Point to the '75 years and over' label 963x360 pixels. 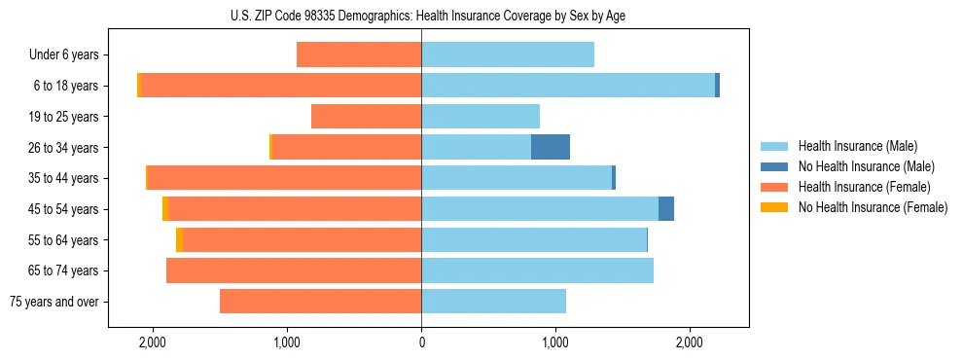pyautogui.click(x=53, y=302)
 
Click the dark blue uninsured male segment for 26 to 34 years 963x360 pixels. pyautogui.click(x=551, y=147)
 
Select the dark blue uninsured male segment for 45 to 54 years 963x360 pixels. pyautogui.click(x=666, y=209)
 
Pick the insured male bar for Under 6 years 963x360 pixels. pyautogui.click(x=508, y=54)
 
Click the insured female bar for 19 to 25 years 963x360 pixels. pyautogui.click(x=366, y=117)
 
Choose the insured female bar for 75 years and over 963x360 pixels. pyautogui.click(x=320, y=302)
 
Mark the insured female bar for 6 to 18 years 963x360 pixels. pyautogui.click(x=281, y=86)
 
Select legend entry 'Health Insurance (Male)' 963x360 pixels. pyautogui.click(x=857, y=146)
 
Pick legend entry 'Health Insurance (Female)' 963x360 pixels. pyautogui.click(x=864, y=187)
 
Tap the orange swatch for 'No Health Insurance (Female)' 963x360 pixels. pyautogui.click(x=776, y=207)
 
